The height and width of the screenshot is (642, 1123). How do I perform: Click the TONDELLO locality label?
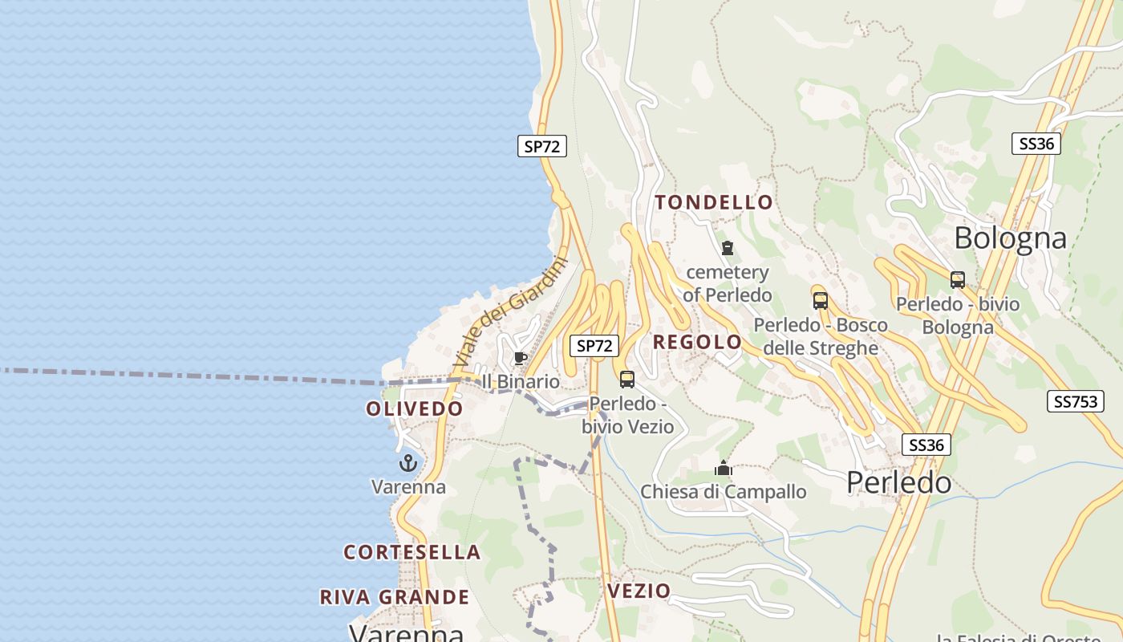pos(713,202)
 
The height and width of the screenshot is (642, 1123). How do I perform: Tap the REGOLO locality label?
pos(697,342)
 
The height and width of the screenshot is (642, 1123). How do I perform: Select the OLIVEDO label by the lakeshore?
pos(415,408)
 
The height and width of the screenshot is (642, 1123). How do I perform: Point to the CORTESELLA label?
pos(412,552)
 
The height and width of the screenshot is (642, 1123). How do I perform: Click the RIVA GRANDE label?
pos(395,597)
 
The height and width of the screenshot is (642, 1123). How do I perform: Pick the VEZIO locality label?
pos(639,591)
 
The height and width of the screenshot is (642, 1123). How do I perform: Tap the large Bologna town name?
pos(1011,238)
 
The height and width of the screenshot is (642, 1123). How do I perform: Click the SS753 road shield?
pos(1075,401)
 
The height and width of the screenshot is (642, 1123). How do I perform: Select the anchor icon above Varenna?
pos(408,463)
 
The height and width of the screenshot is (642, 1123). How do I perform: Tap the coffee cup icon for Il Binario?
pos(520,358)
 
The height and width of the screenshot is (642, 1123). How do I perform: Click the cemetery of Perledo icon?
pos(728,248)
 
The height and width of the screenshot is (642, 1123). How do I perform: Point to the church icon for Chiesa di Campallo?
pos(724,468)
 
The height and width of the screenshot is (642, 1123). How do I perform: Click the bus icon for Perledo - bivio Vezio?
pos(627,380)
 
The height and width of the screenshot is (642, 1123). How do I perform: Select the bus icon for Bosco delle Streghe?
pos(820,301)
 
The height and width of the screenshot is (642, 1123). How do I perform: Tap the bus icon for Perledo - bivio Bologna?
pos(957,280)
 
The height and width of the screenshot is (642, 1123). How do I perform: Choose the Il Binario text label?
pos(521,381)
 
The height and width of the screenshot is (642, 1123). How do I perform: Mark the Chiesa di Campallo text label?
pos(724,491)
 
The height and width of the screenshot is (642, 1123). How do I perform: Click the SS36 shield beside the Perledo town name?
pos(926,445)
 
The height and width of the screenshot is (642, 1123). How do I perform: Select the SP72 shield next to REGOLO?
pos(594,346)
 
